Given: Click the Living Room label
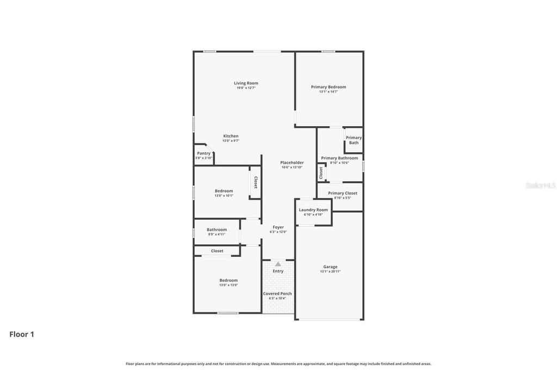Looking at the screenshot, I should [246, 83].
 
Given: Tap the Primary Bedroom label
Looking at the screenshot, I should [329, 87].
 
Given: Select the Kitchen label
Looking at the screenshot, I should [231, 136].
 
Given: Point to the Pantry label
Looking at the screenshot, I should [203, 153].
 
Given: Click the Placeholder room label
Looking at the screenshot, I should [292, 163].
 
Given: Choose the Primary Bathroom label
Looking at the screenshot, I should [339, 158].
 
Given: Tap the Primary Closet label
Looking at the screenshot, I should [343, 193].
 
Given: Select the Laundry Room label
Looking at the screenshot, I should [313, 210].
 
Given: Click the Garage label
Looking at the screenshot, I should [330, 267].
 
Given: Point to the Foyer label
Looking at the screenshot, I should [278, 227].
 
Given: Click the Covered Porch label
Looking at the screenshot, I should [277, 294].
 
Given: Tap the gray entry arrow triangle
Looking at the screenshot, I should [278, 264].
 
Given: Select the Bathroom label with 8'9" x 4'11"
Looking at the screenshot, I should [216, 230].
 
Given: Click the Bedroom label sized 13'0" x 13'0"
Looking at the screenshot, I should [228, 280].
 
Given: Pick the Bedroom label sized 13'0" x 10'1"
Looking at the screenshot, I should [224, 191].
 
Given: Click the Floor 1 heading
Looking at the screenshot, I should [22, 335].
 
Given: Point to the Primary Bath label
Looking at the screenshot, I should [354, 140].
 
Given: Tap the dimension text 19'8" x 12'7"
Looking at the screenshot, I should [246, 88].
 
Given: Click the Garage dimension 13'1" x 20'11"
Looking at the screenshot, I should [330, 271].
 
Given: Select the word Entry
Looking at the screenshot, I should [278, 271].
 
